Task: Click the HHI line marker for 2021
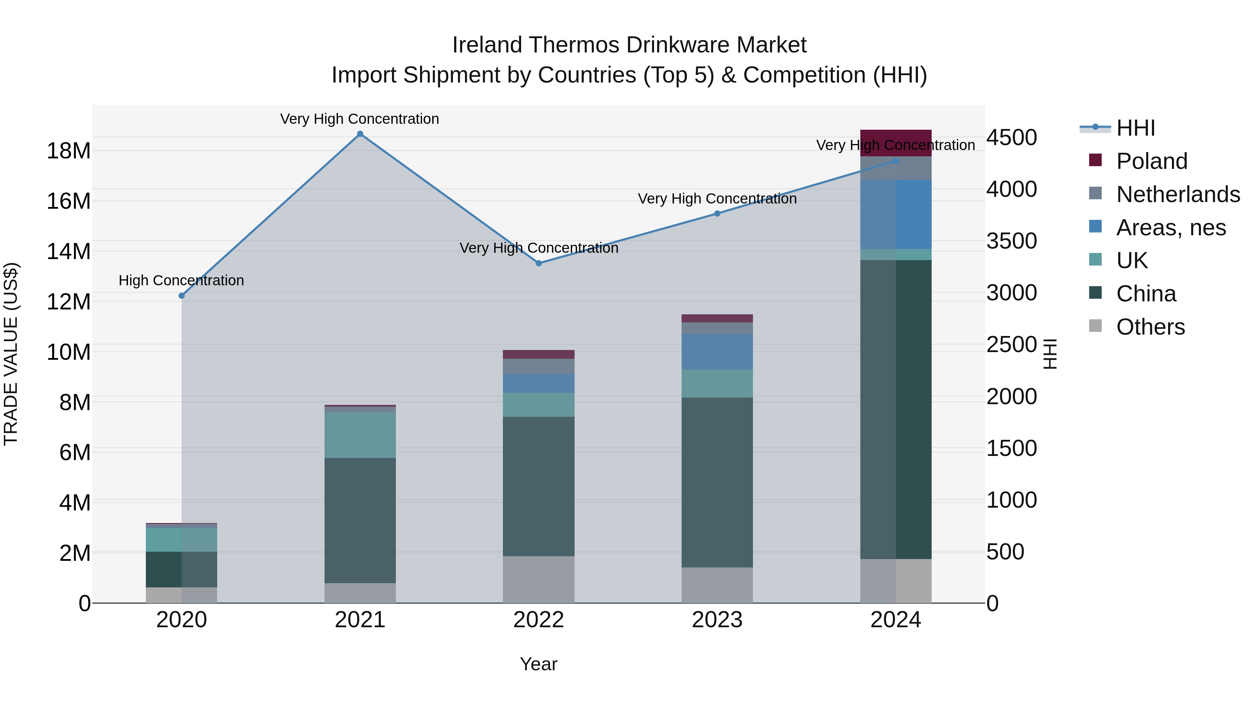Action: pyautogui.click(x=360, y=134)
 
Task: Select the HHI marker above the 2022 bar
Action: pyautogui.click(x=539, y=263)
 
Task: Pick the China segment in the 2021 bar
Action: pyautogui.click(x=360, y=520)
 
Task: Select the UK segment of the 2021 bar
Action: pyautogui.click(x=360, y=435)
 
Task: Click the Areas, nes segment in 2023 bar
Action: pyautogui.click(x=717, y=352)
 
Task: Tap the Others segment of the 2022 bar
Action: pyautogui.click(x=539, y=579)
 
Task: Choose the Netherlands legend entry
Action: pyautogui.click(x=1178, y=194)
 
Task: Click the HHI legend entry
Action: pyautogui.click(x=1135, y=128)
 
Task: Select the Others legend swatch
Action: pyautogui.click(x=1095, y=326)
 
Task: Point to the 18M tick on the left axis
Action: pyautogui.click(x=69, y=150)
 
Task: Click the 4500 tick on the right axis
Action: pyautogui.click(x=1011, y=137)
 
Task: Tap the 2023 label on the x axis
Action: pyautogui.click(x=717, y=620)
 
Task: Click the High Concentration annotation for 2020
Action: pyautogui.click(x=181, y=280)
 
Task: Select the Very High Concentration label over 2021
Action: pyautogui.click(x=360, y=119)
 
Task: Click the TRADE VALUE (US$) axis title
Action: pyautogui.click(x=11, y=354)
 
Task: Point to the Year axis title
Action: pyautogui.click(x=539, y=664)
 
